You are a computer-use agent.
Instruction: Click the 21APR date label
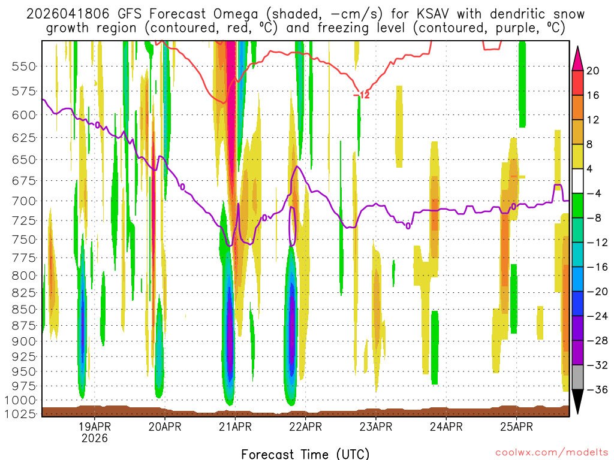click(x=235, y=427)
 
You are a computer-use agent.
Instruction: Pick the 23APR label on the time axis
click(x=376, y=427)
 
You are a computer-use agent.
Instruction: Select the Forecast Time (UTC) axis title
click(x=306, y=453)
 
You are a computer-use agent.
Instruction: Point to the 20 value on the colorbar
click(x=593, y=71)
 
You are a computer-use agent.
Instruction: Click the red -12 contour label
click(x=362, y=95)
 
